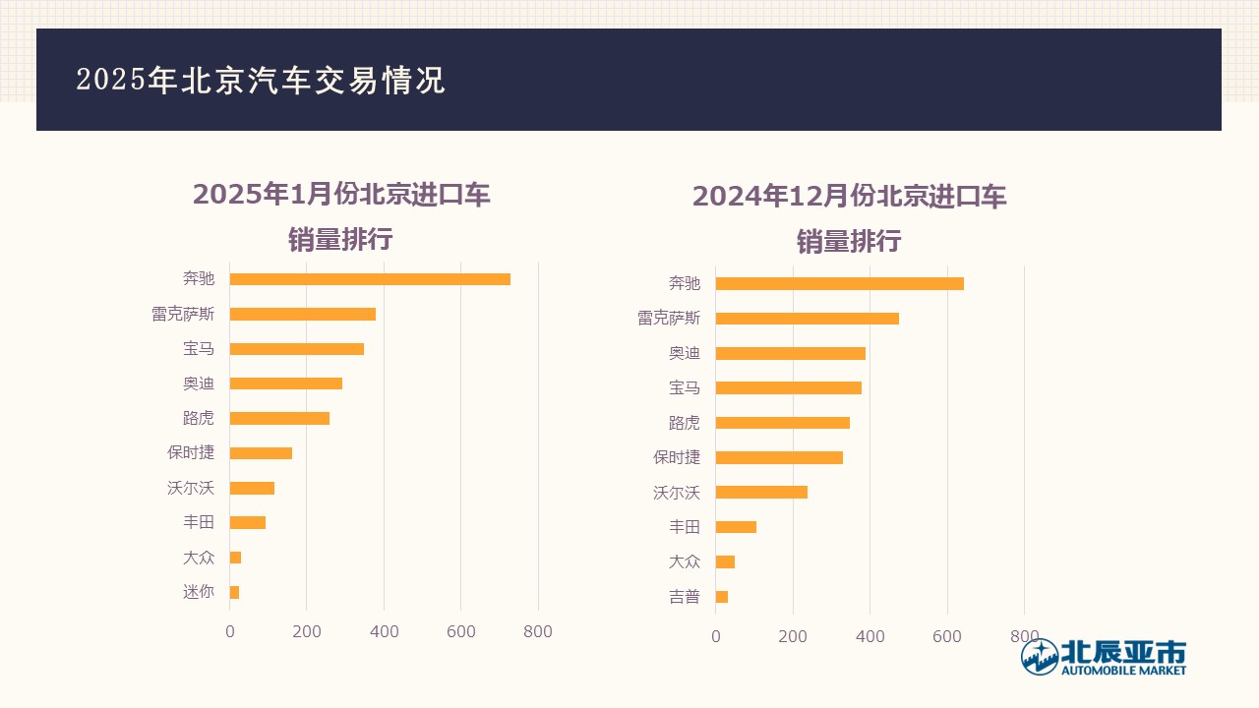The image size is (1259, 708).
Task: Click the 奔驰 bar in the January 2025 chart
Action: pyautogui.click(x=370, y=279)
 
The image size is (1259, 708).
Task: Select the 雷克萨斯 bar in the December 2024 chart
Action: pyautogui.click(x=807, y=319)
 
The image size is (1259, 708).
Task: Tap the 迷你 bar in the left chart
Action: pyautogui.click(x=235, y=592)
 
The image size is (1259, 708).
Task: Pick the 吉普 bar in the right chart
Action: pyautogui.click(x=722, y=597)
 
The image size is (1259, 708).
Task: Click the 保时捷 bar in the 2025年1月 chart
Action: pyautogui.click(x=261, y=453)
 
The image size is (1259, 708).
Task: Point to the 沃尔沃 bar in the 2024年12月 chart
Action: pyautogui.click(x=761, y=493)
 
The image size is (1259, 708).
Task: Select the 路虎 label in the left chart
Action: pyautogui.click(x=198, y=418)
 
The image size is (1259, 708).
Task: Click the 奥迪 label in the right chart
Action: pyautogui.click(x=685, y=353)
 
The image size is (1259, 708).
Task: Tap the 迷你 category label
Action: pyautogui.click(x=198, y=592)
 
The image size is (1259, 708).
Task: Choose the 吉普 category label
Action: pyautogui.click(x=685, y=597)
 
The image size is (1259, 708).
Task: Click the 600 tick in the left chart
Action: pyautogui.click(x=461, y=631)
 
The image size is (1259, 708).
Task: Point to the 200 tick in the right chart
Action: pyautogui.click(x=793, y=636)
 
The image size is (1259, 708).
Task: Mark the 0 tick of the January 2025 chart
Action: pyautogui.click(x=230, y=631)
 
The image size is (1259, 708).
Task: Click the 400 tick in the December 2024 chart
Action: pyautogui.click(x=870, y=636)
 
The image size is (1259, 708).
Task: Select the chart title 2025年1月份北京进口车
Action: pyautogui.click(x=341, y=195)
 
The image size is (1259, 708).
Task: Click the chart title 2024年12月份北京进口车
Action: pyautogui.click(x=849, y=197)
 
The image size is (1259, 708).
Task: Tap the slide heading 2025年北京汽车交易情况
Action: pyautogui.click(x=261, y=81)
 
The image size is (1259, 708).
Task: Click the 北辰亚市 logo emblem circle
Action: pyautogui.click(x=1040, y=657)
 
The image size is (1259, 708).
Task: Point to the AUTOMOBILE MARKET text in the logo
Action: pyautogui.click(x=1123, y=671)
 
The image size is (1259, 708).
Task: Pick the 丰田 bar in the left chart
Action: pyautogui.click(x=248, y=522)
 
